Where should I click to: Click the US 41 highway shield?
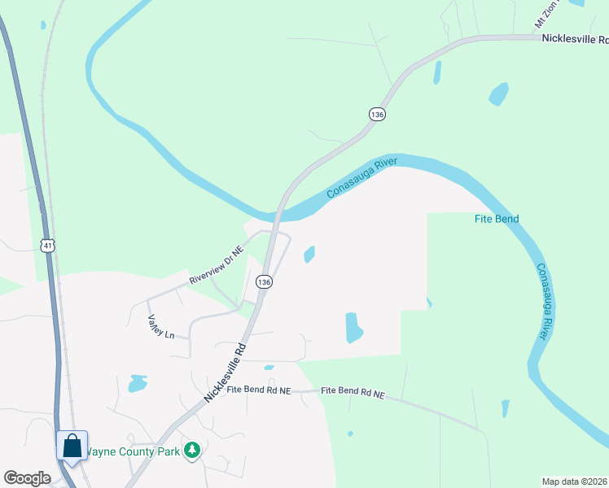pyautogui.click(x=49, y=244)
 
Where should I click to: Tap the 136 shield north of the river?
pyautogui.click(x=376, y=115)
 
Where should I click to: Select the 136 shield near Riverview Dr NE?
pyautogui.click(x=263, y=281)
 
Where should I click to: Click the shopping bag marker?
pyautogui.click(x=72, y=447)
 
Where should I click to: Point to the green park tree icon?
pyautogui.click(x=192, y=450)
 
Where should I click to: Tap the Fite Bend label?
pyautogui.click(x=497, y=219)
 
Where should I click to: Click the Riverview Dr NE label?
pyautogui.click(x=217, y=266)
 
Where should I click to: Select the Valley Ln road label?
pyautogui.click(x=160, y=327)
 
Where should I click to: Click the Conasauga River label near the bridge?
pyautogui.click(x=361, y=178)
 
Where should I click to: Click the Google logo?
pyautogui.click(x=27, y=478)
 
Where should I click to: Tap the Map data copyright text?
pyautogui.click(x=575, y=481)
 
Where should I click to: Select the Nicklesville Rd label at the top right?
pyautogui.click(x=575, y=38)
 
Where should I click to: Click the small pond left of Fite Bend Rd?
pyautogui.click(x=138, y=383)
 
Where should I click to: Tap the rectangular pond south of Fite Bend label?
pyautogui.click(x=354, y=327)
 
